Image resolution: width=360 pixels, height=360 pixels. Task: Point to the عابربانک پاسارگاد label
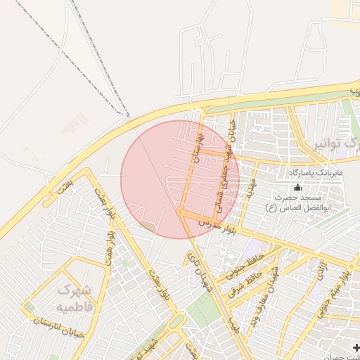(315, 172)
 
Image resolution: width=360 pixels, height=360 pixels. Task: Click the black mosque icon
(297, 187)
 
